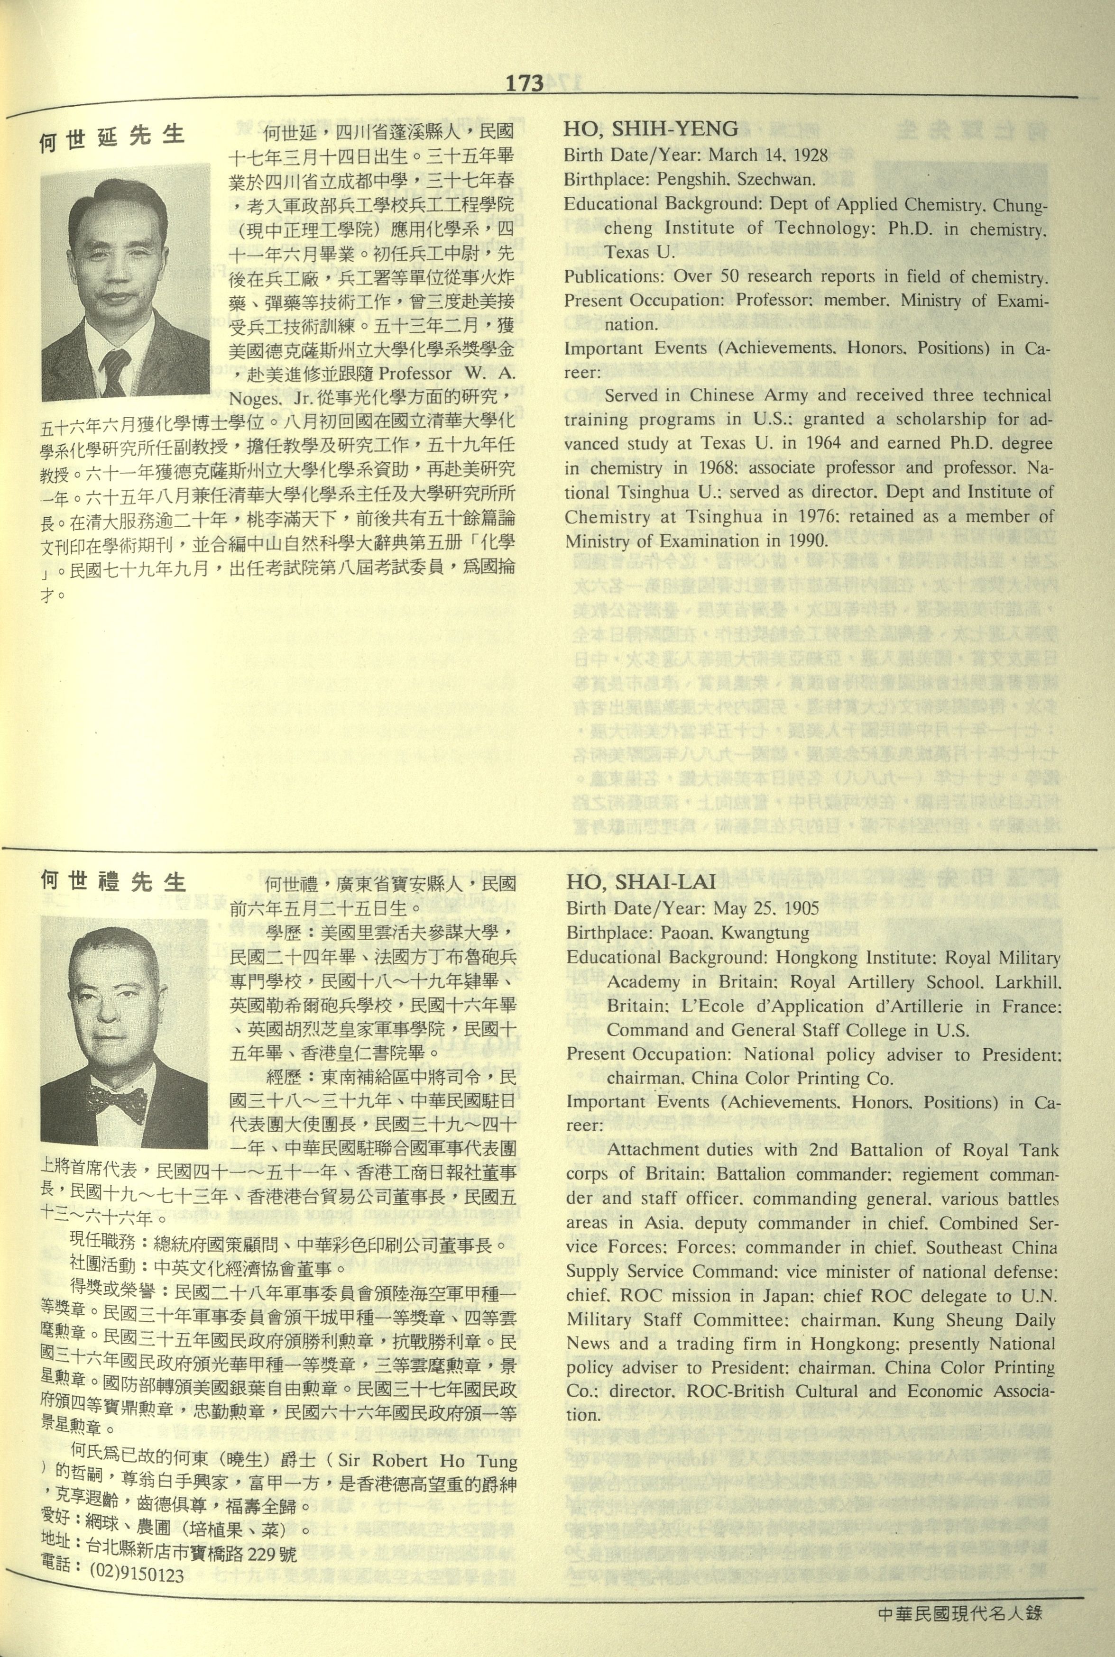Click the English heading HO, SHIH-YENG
pyautogui.click(x=651, y=128)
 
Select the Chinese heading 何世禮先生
pyautogui.click(x=112, y=882)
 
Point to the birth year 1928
pyautogui.click(x=806, y=155)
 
